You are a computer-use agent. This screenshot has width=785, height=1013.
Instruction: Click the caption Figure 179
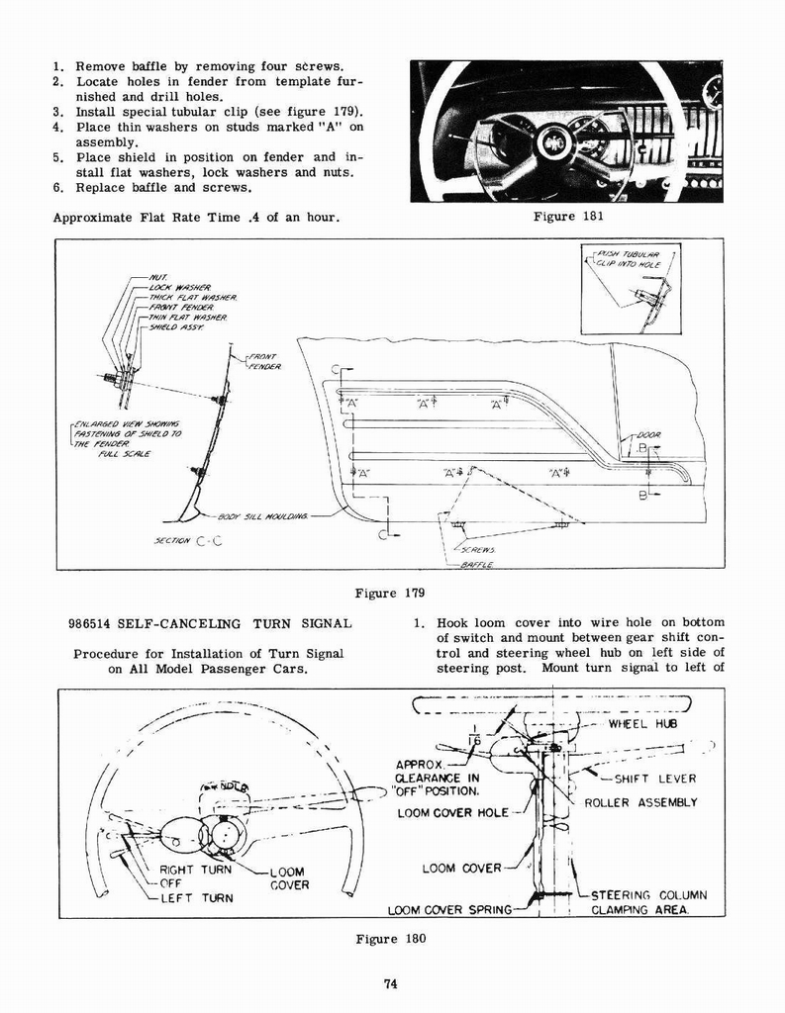tap(390, 594)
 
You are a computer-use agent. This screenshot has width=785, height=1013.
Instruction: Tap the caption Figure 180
tap(390, 939)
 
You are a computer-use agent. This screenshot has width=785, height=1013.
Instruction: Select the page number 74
tap(392, 982)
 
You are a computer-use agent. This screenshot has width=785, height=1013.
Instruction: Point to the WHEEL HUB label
tap(641, 723)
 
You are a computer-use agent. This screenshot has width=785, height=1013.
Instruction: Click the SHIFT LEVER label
tap(655, 779)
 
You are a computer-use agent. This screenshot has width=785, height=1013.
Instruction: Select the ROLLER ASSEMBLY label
tap(640, 802)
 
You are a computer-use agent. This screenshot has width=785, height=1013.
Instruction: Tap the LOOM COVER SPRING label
tap(449, 909)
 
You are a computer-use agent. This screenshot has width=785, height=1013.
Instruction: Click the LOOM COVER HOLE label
tap(452, 813)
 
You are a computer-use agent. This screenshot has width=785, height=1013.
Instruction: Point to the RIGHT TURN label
tap(195, 870)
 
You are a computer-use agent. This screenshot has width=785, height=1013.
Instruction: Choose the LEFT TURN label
tap(197, 898)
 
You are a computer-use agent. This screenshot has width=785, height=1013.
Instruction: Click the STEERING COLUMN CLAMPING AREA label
tap(648, 902)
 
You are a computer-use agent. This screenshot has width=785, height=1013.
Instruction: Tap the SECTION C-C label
tap(187, 541)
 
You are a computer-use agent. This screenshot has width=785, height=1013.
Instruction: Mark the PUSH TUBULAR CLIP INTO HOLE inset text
tap(634, 260)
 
